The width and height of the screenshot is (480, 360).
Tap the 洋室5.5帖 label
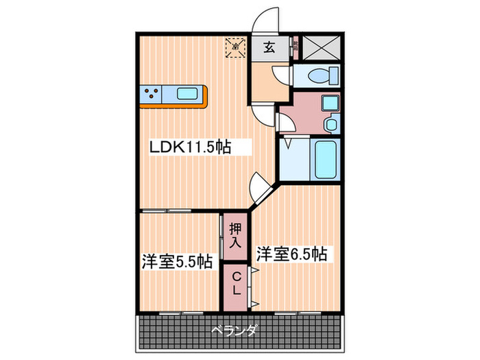(x=176, y=261)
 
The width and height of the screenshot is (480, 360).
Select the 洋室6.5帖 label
(x=291, y=254)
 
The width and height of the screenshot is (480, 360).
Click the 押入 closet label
(x=235, y=236)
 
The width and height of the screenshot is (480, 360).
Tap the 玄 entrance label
(x=269, y=48)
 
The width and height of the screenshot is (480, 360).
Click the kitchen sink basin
(x=189, y=94)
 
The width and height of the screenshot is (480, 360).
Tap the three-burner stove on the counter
(x=152, y=94)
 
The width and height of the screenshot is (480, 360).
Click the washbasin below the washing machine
(x=331, y=125)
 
